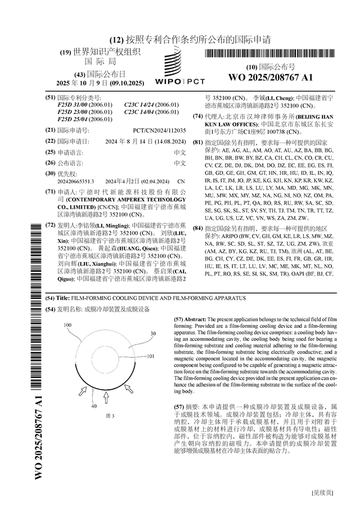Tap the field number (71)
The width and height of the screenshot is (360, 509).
pyautogui.click(x=49, y=192)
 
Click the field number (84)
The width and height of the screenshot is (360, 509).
pyautogui.click(x=197, y=228)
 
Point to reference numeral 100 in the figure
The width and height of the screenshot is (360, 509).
pyautogui.click(x=67, y=326)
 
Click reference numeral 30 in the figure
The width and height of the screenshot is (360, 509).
pyautogui.click(x=152, y=334)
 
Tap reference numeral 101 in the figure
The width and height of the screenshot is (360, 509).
pyautogui.click(x=150, y=357)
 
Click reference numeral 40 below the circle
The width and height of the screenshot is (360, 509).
pyautogui.click(x=94, y=406)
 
